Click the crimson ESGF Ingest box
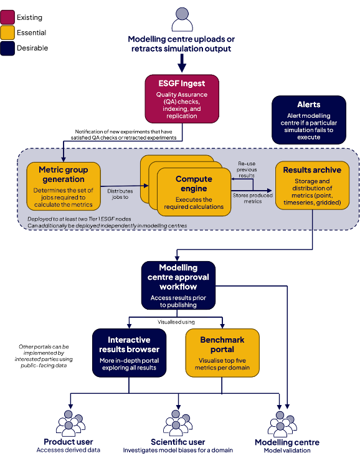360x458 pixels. pyautogui.click(x=181, y=98)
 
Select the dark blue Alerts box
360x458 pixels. pyautogui.click(x=309, y=120)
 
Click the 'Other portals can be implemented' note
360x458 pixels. pyautogui.click(x=44, y=356)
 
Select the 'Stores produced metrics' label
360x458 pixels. pyautogui.click(x=252, y=198)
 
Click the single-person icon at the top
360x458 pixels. pyautogui.click(x=181, y=19)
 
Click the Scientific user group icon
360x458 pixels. pyautogui.click(x=178, y=423)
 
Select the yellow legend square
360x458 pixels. pyautogui.click(x=8, y=32)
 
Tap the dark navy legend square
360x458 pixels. pyautogui.click(x=8, y=48)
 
